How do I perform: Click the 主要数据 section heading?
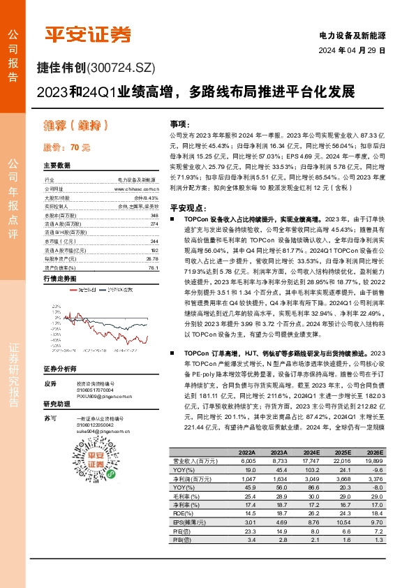57,166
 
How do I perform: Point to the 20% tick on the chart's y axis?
54,307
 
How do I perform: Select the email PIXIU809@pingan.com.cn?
104,396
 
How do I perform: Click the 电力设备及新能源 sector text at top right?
352,35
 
